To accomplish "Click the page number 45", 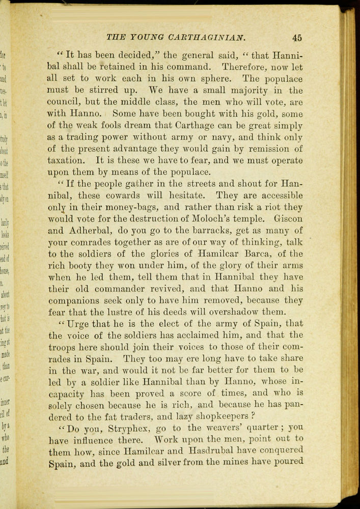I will pos(297,37).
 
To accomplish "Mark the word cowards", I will pos(135,195).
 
